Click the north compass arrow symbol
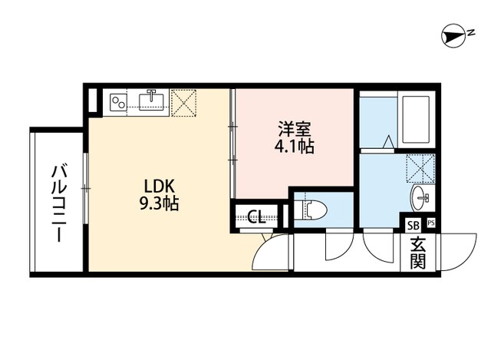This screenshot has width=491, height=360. coord(456,35)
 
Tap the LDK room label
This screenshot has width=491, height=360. coord(160,186)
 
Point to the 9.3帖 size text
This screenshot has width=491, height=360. coord(160,204)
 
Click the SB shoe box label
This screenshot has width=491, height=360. coord(413,225)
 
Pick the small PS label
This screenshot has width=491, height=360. coord(430,224)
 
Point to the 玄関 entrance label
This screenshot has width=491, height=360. coord(418,253)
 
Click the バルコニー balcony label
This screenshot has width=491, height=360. coord(58,203)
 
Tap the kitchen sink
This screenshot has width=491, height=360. coord(152,101)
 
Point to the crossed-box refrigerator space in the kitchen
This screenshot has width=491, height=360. coord(184,103)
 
